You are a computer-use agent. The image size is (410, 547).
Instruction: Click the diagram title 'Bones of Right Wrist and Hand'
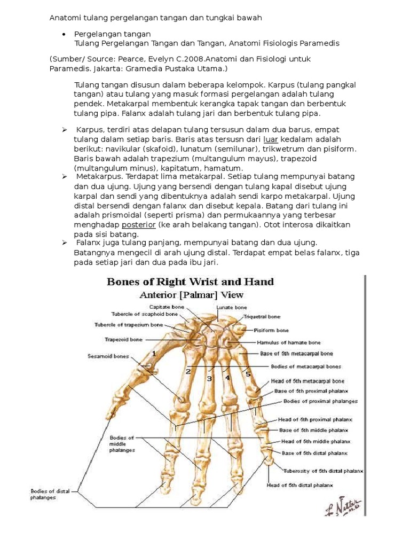191,282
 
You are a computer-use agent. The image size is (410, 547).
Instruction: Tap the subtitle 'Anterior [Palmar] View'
191,295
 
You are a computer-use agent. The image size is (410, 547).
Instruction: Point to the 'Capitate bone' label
167,307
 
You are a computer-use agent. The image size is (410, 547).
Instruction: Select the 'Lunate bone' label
232,308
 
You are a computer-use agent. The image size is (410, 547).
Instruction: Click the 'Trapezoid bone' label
123,339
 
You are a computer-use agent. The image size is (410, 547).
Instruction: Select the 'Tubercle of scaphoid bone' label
145,314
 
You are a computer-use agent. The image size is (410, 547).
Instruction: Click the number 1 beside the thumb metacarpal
154,354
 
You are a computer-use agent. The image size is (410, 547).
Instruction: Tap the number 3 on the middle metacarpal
210,379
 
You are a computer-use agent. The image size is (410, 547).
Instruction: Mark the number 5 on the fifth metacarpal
248,374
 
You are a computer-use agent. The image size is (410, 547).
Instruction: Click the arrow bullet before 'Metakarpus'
64,176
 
